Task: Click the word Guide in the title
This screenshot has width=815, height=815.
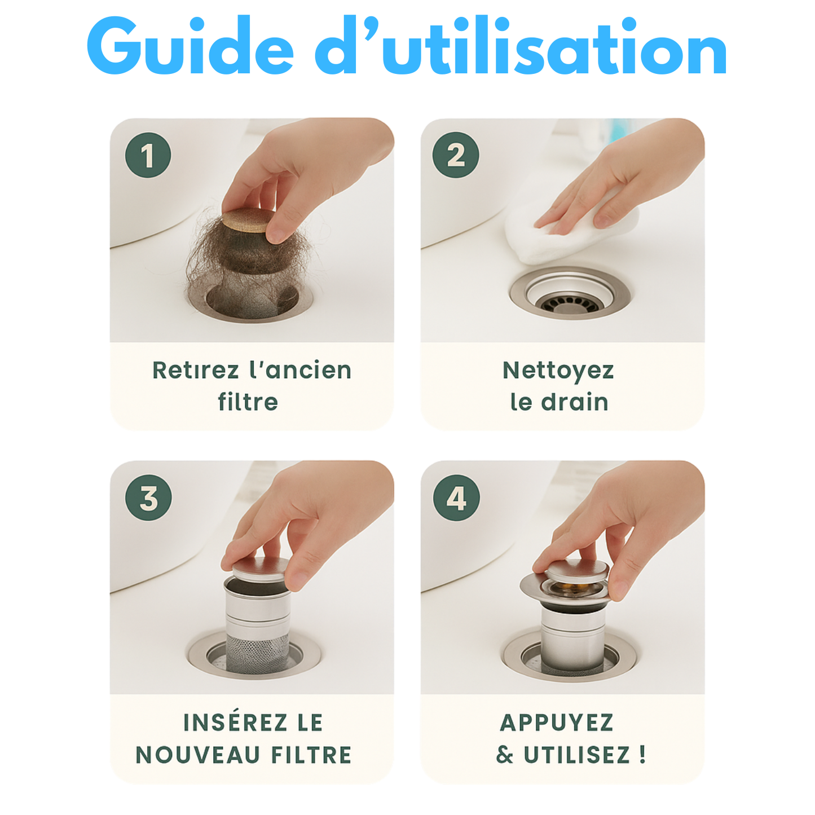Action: coord(190,48)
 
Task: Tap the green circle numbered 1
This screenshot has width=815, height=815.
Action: coord(148,155)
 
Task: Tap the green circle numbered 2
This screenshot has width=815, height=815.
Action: coord(456,155)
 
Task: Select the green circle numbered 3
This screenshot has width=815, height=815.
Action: coord(148,498)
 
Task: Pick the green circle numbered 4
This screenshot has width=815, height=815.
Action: coord(456,498)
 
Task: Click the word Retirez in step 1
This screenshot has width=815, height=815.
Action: coord(195,371)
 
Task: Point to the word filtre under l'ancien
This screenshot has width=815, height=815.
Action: coord(248,403)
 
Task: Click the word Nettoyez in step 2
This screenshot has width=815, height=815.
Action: coord(558,371)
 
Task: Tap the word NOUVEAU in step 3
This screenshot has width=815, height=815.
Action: coord(197,755)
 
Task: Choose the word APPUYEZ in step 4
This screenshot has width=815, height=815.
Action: coord(557,723)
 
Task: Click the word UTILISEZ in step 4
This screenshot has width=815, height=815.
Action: coord(576,755)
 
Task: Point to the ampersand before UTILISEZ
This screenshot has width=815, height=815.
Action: coord(505,755)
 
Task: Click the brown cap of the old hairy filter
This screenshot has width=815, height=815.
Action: coord(246,221)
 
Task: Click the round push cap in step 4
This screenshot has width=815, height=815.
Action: coord(575,571)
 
